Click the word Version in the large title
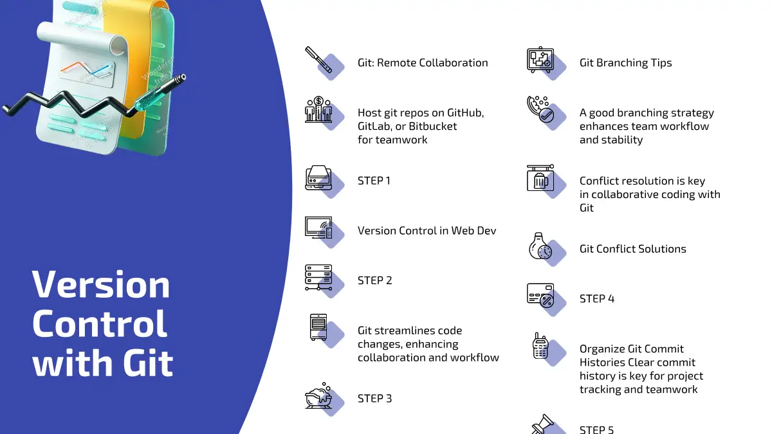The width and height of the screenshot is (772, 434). [x=101, y=284]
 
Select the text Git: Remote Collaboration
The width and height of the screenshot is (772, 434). [x=423, y=63]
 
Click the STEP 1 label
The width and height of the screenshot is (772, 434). [x=374, y=181]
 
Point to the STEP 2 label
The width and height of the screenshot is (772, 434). [x=374, y=280]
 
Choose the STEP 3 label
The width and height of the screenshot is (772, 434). [x=374, y=399]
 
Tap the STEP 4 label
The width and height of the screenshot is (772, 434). [x=597, y=299]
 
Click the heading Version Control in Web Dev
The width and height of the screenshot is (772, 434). [x=427, y=231]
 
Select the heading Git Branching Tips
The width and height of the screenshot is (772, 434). [x=625, y=63]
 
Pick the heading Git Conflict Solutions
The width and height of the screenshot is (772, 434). [x=632, y=249]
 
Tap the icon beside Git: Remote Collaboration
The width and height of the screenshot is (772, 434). [x=319, y=60]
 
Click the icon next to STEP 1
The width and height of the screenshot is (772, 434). [x=318, y=178]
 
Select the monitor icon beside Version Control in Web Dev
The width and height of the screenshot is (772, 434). [x=318, y=228]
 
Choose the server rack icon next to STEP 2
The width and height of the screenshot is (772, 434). [x=318, y=278]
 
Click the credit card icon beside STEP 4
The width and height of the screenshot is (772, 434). [x=540, y=296]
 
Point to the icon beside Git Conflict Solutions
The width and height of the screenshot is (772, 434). [x=540, y=246]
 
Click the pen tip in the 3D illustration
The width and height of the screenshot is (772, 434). [x=182, y=78]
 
